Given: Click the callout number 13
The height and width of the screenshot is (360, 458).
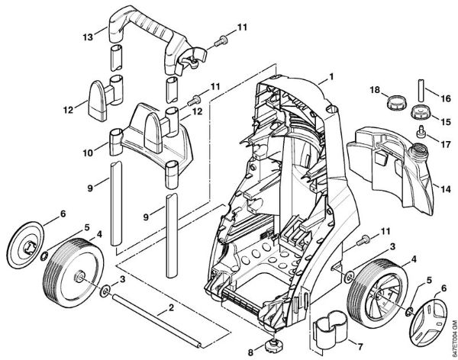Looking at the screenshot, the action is point(88,37).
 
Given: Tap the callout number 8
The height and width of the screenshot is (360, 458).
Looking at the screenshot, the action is point(250,352).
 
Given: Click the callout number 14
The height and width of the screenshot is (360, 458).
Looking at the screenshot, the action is point(446,189).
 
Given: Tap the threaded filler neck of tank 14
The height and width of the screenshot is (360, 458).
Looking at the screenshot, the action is point(418,148).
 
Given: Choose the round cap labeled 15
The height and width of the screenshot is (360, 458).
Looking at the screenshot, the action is point(421,111).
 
